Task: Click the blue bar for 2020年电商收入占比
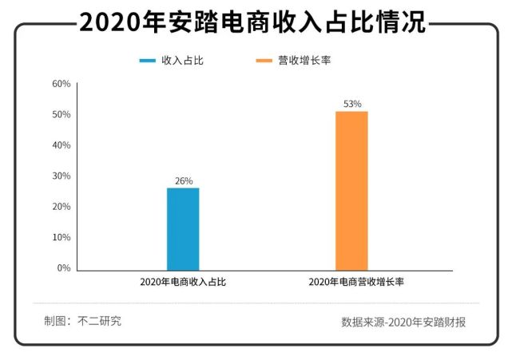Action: (183, 229)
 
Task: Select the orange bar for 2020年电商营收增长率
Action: (351, 191)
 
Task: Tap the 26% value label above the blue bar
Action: (184, 181)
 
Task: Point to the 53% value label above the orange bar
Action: (352, 104)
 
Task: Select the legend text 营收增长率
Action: (299, 61)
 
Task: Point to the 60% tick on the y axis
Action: (62, 84)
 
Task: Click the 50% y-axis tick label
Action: (62, 115)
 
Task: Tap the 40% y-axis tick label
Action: (62, 145)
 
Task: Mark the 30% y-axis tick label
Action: (62, 176)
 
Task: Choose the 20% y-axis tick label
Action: (62, 207)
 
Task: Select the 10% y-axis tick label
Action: (62, 237)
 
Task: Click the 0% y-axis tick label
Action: (64, 268)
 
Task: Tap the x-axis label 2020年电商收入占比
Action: (183, 282)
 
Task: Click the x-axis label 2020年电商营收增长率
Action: (351, 282)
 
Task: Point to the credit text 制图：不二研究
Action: (83, 321)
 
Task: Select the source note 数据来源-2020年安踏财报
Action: (403, 322)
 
